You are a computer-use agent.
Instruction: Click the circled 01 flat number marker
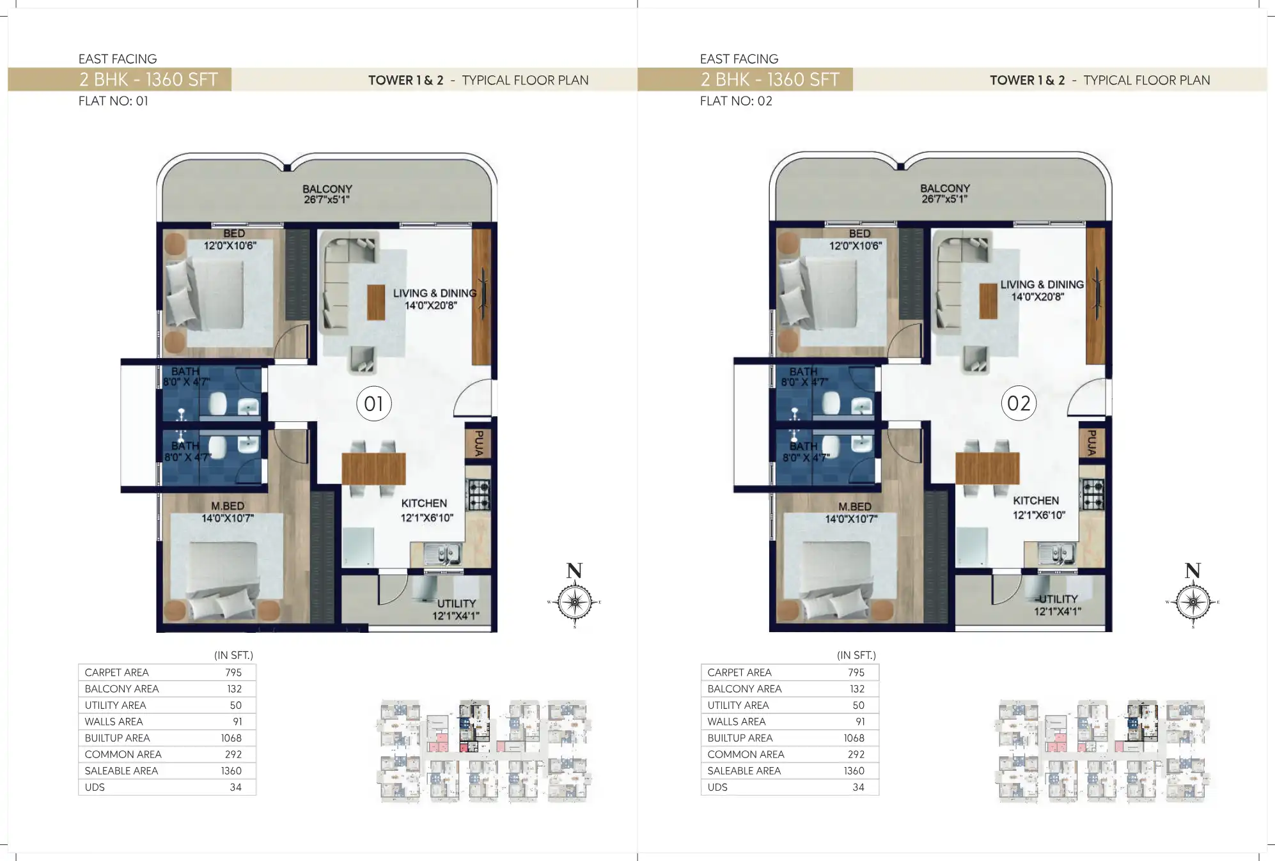coord(373,403)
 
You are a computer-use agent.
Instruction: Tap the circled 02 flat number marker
coord(1018,403)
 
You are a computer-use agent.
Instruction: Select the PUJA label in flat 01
coord(478,442)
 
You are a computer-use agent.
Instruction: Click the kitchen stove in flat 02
coord(1092,494)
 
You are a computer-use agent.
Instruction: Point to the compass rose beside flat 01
coord(574,601)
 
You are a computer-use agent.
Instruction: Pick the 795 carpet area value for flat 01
coord(233,672)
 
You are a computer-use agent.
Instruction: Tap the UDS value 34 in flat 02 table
coord(858,787)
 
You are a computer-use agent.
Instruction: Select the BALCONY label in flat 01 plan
coord(327,189)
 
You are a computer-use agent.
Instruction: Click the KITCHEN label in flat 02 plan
coord(1035,500)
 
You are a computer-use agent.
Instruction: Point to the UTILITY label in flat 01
coord(456,603)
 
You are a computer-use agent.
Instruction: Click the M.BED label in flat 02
coord(854,506)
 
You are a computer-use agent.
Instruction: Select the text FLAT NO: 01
coord(113,101)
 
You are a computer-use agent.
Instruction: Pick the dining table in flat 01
coord(373,469)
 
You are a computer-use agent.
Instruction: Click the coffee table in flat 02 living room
coord(988,300)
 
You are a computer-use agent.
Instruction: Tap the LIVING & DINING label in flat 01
coord(434,293)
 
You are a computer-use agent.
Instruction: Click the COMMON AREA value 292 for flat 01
coord(233,754)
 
